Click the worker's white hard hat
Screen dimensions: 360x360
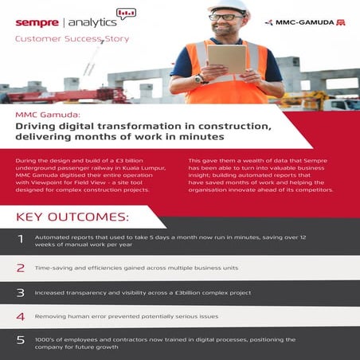[229, 9]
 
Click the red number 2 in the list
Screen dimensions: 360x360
[21, 268]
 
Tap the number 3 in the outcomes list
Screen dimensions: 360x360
[21, 293]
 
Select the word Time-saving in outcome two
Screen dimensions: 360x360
[53, 268]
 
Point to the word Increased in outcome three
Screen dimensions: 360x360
[50, 293]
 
